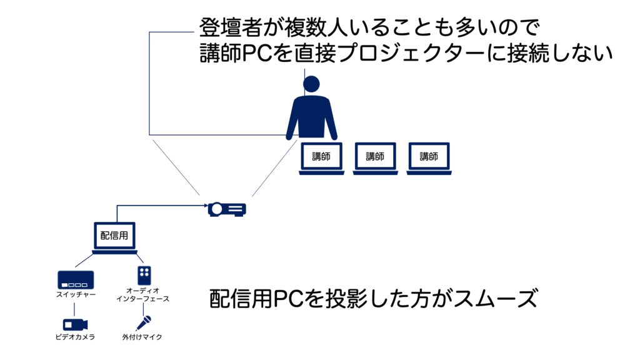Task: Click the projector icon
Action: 227,209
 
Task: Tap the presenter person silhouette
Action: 311,112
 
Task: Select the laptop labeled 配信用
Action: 115,237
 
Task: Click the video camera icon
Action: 75,324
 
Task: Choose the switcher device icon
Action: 75,279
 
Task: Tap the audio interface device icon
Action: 144,275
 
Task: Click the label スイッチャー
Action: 75,294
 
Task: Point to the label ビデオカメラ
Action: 75,337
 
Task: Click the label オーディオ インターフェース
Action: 143,295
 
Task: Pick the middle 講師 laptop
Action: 375,157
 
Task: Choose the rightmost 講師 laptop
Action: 428,157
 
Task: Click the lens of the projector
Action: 217,209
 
